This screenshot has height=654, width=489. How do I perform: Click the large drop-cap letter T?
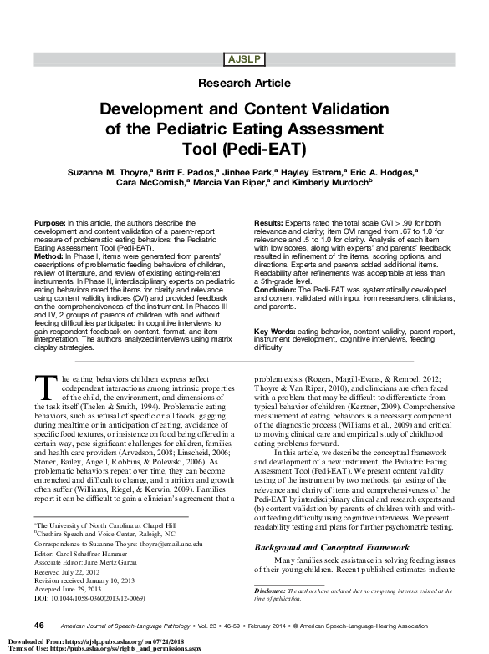[x=47, y=387]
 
